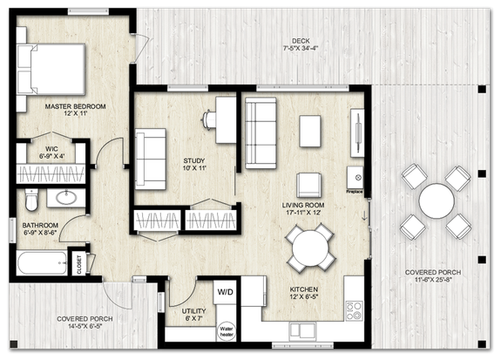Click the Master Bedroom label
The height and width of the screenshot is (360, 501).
75,106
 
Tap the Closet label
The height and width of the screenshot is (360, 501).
79,264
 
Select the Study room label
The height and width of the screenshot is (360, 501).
193,160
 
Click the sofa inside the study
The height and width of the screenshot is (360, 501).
151,158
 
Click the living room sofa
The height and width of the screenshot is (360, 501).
260,133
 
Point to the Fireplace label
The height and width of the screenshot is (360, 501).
355,188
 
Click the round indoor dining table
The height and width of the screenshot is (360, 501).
311,248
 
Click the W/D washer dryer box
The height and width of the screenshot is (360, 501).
225,292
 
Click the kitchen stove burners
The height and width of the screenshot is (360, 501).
355,309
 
